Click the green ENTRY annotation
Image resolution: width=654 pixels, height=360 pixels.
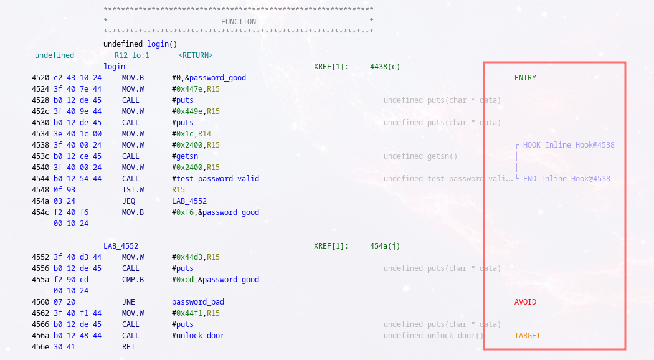click(x=525, y=78)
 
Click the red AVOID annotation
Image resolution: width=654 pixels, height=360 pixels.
click(x=525, y=302)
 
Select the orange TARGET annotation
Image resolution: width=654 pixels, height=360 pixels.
click(x=528, y=336)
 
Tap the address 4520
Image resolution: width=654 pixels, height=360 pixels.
click(x=40, y=78)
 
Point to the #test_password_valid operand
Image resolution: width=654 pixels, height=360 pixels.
click(x=216, y=179)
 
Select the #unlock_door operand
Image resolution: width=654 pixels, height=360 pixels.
click(x=198, y=336)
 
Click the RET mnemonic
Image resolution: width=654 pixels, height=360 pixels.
click(x=128, y=347)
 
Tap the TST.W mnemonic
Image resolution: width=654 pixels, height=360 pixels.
click(x=133, y=190)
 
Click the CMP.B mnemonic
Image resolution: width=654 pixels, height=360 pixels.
click(x=133, y=280)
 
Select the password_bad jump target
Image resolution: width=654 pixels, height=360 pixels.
click(x=198, y=302)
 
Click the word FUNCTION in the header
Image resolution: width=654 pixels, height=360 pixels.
click(x=239, y=22)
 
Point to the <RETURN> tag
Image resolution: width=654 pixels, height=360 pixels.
click(x=196, y=55)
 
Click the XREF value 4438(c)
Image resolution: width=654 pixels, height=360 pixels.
click(x=385, y=67)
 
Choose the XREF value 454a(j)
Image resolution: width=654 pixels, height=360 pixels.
click(x=385, y=246)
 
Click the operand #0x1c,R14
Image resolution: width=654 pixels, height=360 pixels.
click(x=192, y=134)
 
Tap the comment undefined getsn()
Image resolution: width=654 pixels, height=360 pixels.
click(x=420, y=156)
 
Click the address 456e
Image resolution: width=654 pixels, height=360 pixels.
click(x=40, y=347)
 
